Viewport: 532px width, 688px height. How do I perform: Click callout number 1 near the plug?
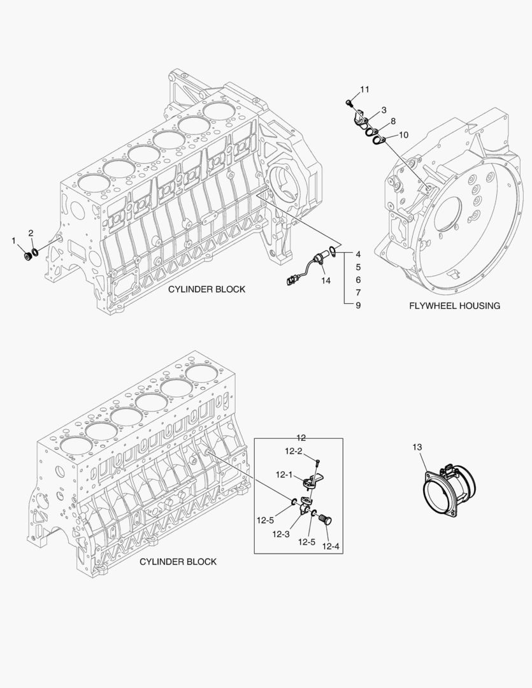point(13,240)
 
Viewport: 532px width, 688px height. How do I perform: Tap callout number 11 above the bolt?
point(364,89)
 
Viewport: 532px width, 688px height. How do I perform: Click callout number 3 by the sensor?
point(384,110)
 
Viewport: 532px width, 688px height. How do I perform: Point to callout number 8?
point(392,121)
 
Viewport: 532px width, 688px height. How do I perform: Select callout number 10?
point(403,134)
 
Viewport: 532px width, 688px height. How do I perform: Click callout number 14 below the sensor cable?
point(326,280)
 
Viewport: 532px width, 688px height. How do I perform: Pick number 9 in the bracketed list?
point(358,305)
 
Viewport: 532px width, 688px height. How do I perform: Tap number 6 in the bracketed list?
point(358,280)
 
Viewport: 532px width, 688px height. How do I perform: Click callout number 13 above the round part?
point(417,448)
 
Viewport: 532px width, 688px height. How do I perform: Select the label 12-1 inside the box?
point(284,475)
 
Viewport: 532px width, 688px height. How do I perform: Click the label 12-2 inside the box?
point(293,451)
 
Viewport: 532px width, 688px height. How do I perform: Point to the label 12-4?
point(331,546)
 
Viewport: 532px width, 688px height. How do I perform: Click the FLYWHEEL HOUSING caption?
point(454,306)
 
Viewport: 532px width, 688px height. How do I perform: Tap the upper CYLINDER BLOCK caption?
point(206,289)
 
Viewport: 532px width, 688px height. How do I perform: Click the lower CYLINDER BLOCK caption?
point(178,562)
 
